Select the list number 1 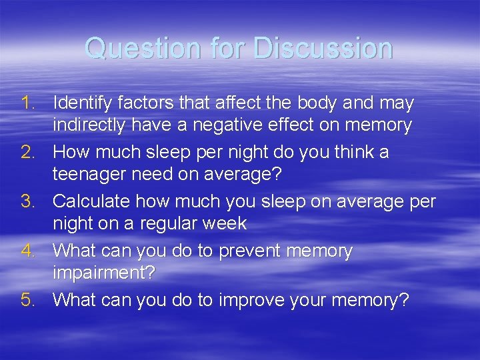(28, 103)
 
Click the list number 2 (28, 153)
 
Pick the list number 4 (28, 251)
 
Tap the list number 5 (28, 301)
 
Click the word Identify (81, 104)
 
